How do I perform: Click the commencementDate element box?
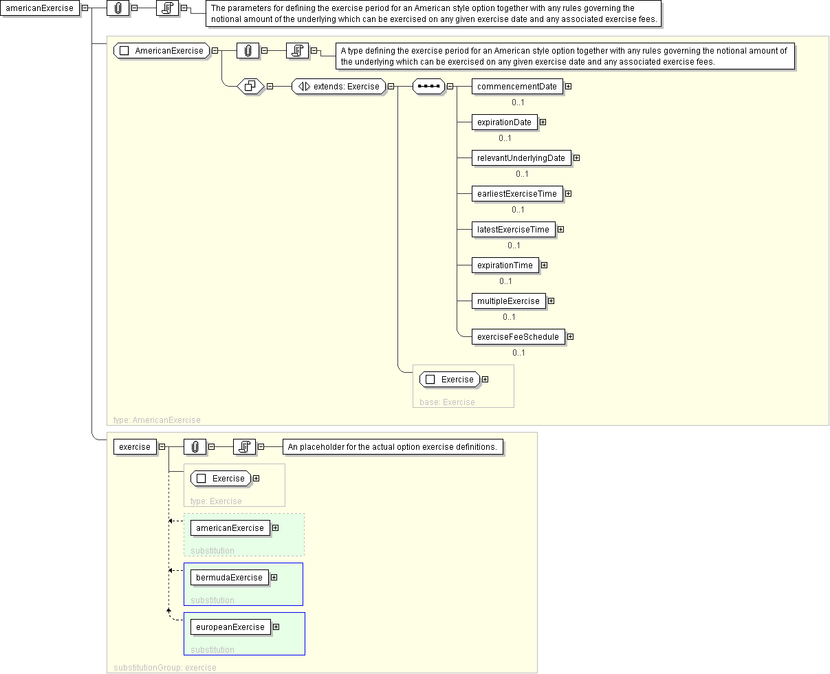(517, 87)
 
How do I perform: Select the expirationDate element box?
(504, 122)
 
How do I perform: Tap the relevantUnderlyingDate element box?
(521, 158)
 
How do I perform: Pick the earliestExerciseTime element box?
(517, 194)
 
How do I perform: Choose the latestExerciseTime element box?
(513, 230)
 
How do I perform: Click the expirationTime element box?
(505, 265)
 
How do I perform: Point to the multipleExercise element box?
(509, 301)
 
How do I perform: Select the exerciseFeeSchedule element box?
(518, 336)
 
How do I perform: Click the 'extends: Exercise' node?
(338, 87)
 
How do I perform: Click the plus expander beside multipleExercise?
(551, 301)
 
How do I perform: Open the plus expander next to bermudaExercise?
(274, 578)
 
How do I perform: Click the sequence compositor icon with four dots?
(428, 87)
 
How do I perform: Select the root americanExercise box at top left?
(40, 8)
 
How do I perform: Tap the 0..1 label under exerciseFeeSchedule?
(518, 353)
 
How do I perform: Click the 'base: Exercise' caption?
(447, 402)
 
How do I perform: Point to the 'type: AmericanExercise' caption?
(157, 420)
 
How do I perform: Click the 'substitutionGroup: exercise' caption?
(165, 667)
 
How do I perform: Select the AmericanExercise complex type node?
(162, 51)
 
